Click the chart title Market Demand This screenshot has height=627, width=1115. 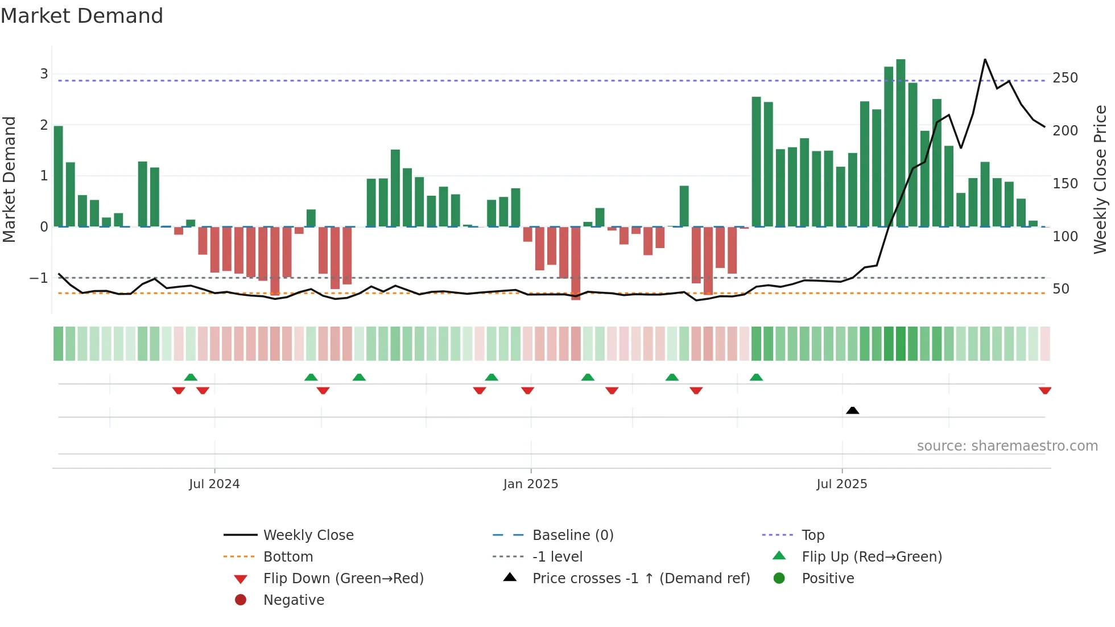pyautogui.click(x=82, y=16)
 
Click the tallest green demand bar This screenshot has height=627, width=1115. pyautogui.click(x=901, y=142)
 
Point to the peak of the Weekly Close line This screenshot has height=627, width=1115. pyautogui.click(x=985, y=60)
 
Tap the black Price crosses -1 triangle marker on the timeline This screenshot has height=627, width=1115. pyautogui.click(x=852, y=410)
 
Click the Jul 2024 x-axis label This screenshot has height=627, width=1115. pyautogui.click(x=214, y=484)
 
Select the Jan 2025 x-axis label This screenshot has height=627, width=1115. pyautogui.click(x=531, y=484)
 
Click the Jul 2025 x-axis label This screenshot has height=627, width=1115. pyautogui.click(x=842, y=484)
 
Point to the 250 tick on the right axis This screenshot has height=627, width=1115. pyautogui.click(x=1065, y=78)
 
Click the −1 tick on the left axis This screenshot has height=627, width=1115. pyautogui.click(x=39, y=278)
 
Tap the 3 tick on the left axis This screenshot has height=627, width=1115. pyautogui.click(x=44, y=74)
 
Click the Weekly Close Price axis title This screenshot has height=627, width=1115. pyautogui.click(x=1100, y=179)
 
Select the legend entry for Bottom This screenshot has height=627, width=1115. pyautogui.click(x=288, y=557)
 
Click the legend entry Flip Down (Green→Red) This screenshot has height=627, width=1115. pyautogui.click(x=343, y=579)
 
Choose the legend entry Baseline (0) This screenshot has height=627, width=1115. pyautogui.click(x=573, y=535)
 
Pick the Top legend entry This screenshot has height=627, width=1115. pyautogui.click(x=813, y=535)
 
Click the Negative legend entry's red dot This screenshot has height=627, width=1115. pyautogui.click(x=241, y=600)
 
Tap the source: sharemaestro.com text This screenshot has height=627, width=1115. pyautogui.click(x=1007, y=446)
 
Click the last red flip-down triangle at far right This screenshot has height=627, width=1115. pyautogui.click(x=1044, y=390)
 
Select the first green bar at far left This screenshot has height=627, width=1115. pyautogui.click(x=59, y=176)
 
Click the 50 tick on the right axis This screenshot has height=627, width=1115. pyautogui.click(x=1061, y=289)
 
